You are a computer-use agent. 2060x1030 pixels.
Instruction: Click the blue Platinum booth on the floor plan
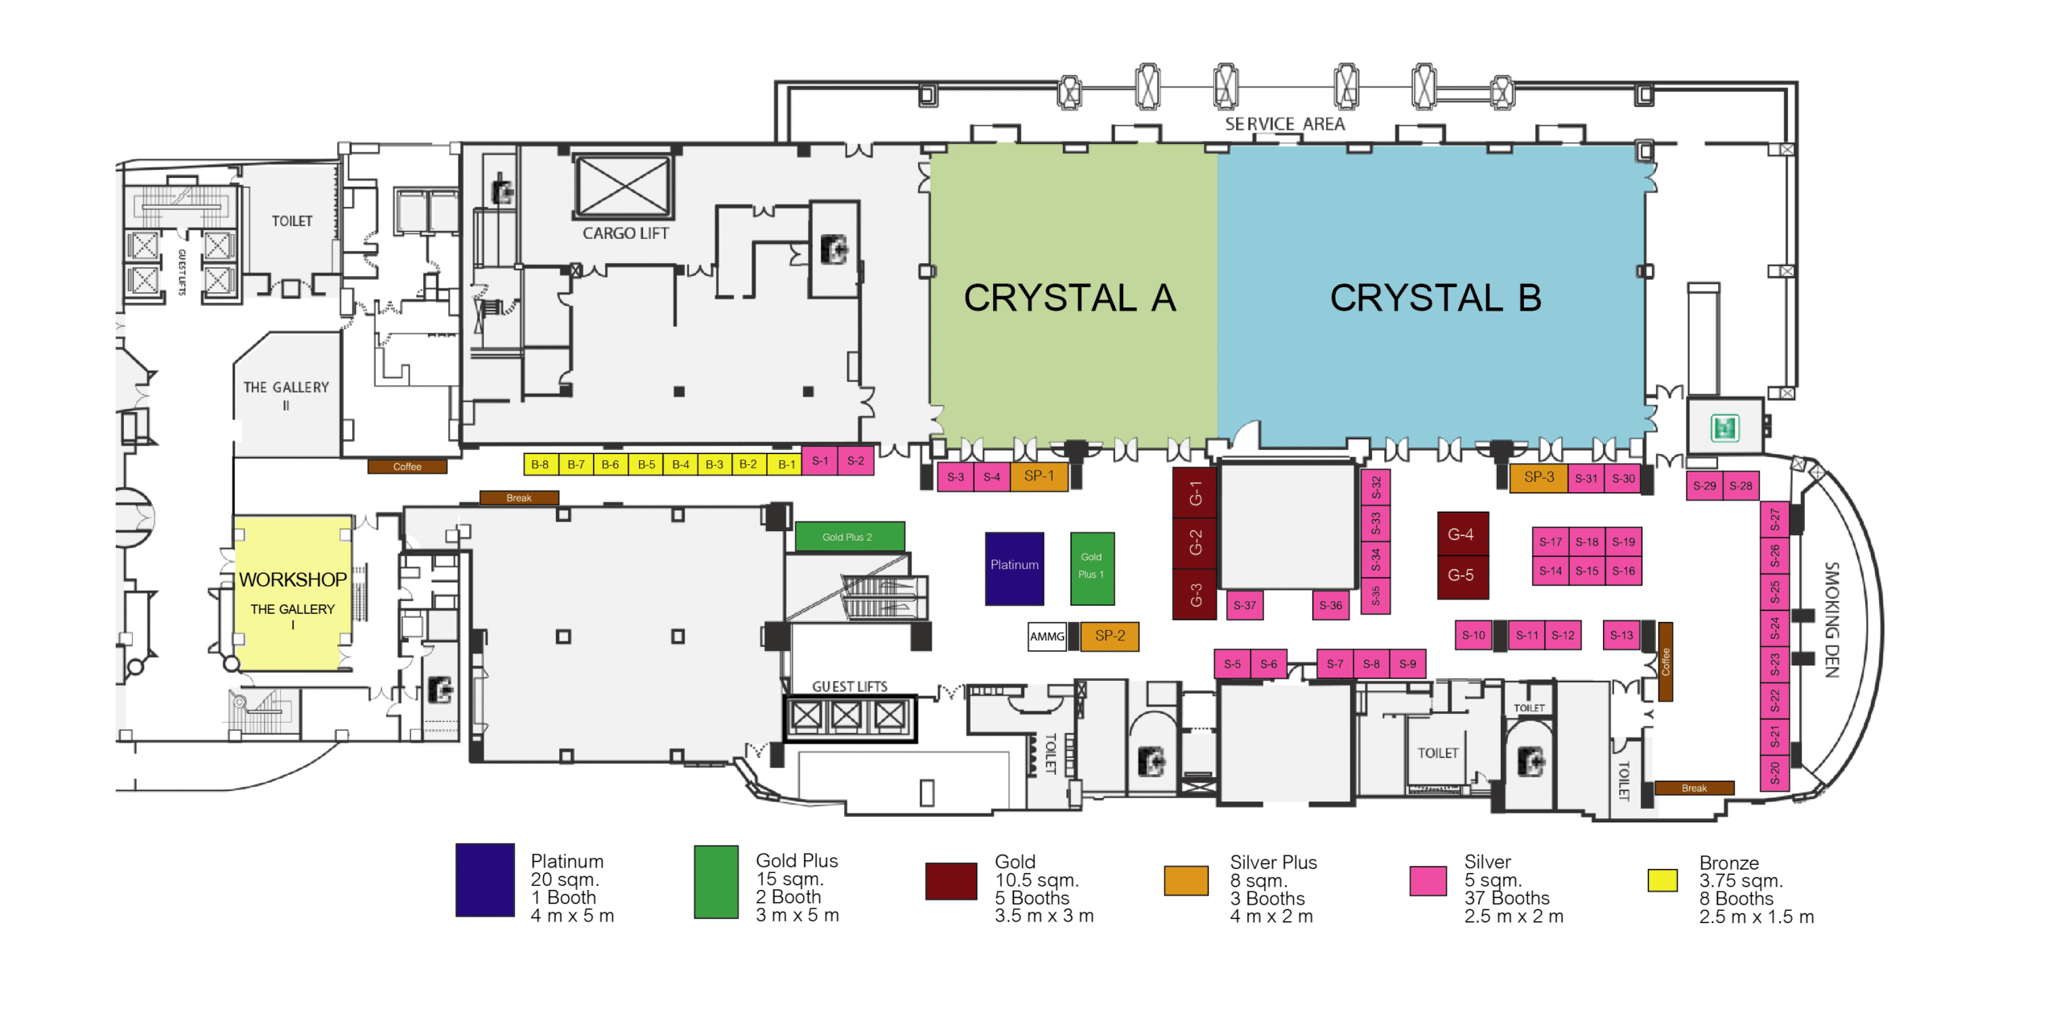point(1014,568)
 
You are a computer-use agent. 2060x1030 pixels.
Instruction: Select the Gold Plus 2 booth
point(849,537)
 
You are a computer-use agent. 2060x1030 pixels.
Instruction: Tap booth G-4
point(1462,534)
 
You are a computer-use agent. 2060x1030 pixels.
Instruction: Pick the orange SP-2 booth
point(1110,636)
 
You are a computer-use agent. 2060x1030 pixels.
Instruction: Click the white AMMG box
point(1047,637)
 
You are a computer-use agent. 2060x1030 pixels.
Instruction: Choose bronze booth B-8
point(540,464)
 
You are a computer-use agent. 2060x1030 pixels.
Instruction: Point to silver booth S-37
point(1244,605)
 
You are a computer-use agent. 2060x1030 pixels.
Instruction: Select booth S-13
point(1621,635)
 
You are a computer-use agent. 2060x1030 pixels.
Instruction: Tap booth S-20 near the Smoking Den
point(1774,773)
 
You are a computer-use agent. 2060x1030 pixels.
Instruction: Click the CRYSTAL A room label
point(1069,298)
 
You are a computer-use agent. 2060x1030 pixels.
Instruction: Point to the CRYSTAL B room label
point(1436,298)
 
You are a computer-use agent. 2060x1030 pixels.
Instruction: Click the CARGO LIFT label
point(625,233)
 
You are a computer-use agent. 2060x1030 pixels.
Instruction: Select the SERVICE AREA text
point(1284,124)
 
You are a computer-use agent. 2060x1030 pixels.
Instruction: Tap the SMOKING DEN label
point(1831,620)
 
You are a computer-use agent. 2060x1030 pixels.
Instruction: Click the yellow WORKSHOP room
point(292,593)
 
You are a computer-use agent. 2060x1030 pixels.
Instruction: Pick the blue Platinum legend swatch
point(484,880)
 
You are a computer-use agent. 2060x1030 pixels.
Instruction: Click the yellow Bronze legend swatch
point(1662,880)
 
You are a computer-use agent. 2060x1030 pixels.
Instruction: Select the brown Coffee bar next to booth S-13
point(1665,661)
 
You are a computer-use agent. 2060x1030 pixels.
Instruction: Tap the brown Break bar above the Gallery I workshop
point(519,498)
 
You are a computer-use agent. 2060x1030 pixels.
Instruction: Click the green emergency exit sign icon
point(1724,427)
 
